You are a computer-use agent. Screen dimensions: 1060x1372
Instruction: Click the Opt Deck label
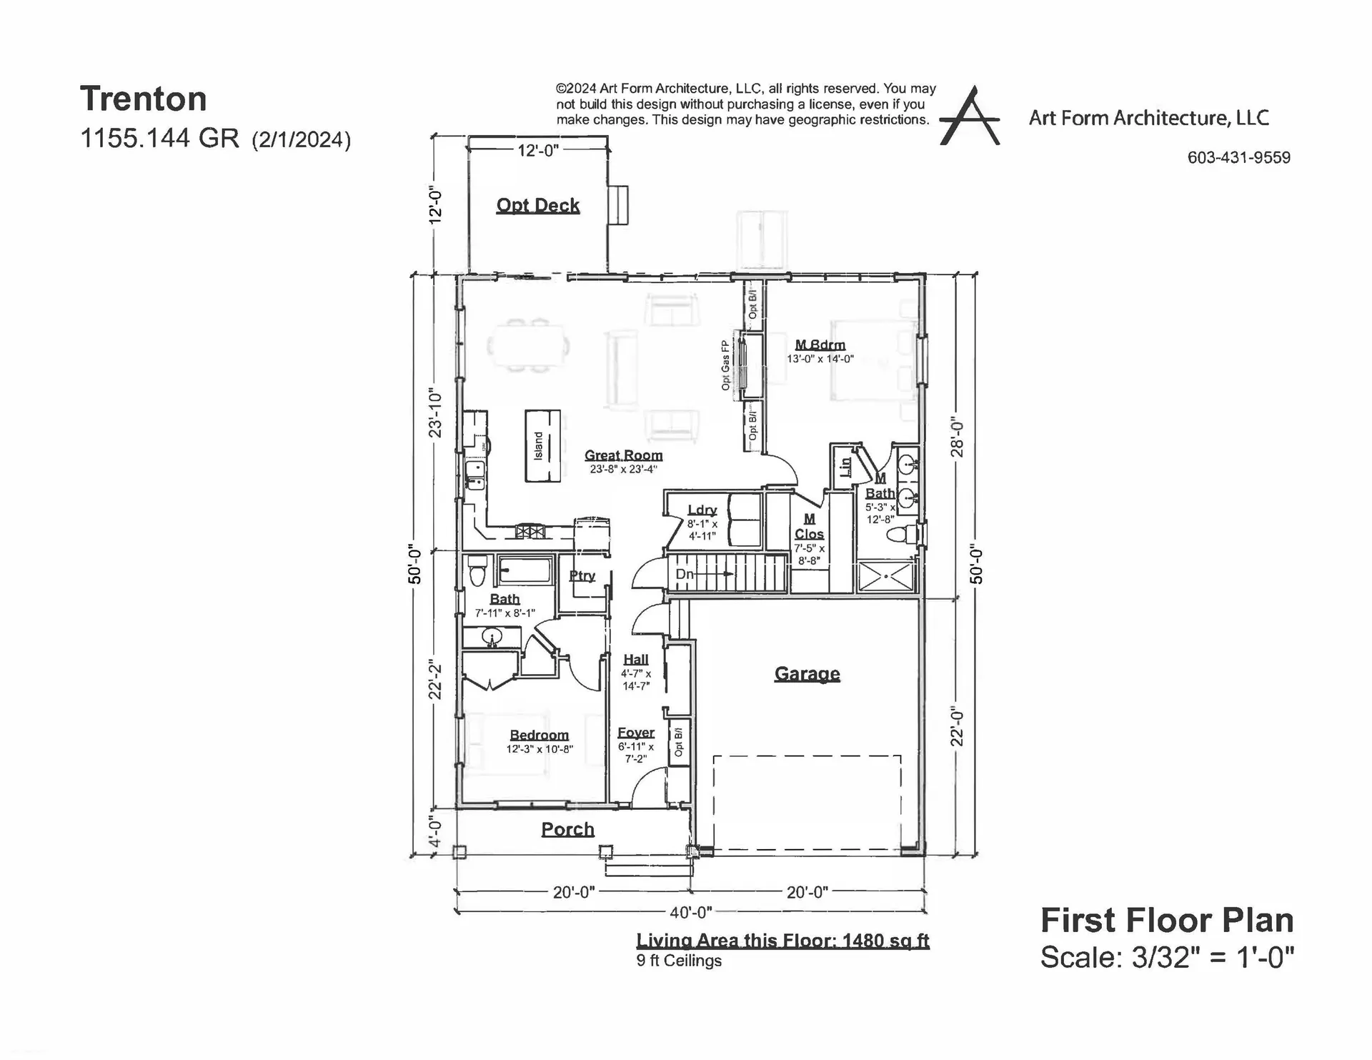pyautogui.click(x=537, y=205)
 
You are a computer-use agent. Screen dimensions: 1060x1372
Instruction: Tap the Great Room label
pyautogui.click(x=623, y=455)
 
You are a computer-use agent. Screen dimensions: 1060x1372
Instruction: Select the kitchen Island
pyautogui.click(x=542, y=445)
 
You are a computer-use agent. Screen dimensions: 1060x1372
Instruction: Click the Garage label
pyautogui.click(x=807, y=673)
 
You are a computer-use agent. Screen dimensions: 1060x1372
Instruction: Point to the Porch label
pyautogui.click(x=567, y=829)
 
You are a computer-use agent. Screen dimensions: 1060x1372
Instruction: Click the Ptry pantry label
pyautogui.click(x=582, y=575)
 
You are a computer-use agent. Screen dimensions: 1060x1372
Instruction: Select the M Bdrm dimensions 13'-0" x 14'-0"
pyautogui.click(x=820, y=359)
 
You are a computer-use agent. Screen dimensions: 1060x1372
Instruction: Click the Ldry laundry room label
pyautogui.click(x=702, y=510)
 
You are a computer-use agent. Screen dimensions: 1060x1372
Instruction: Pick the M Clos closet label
pyautogui.click(x=809, y=527)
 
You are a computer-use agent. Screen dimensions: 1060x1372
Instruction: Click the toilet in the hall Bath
pyautogui.click(x=477, y=573)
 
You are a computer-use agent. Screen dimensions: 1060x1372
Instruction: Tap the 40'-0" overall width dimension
pyautogui.click(x=690, y=913)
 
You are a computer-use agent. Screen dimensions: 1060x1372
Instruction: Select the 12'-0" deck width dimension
pyautogui.click(x=537, y=150)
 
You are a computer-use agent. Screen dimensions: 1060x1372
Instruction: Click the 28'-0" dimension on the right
pyautogui.click(x=958, y=438)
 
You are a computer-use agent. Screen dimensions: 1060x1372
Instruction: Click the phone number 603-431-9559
pyautogui.click(x=1238, y=157)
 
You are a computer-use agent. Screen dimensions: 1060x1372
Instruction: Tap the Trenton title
pyautogui.click(x=143, y=99)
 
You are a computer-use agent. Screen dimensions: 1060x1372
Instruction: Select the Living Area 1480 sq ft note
pyautogui.click(x=782, y=941)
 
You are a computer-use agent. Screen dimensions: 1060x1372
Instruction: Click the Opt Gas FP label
pyautogui.click(x=725, y=365)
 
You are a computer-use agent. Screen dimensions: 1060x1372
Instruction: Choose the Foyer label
pyautogui.click(x=635, y=733)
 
